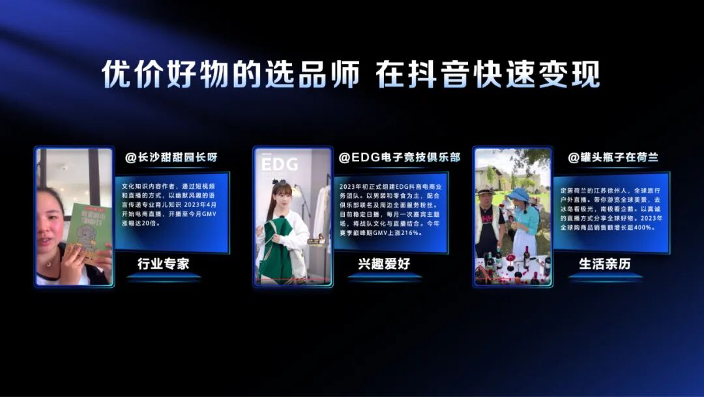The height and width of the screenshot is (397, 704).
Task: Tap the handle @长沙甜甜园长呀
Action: click(x=171, y=158)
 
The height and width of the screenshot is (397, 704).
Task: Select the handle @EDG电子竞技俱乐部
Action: click(x=399, y=158)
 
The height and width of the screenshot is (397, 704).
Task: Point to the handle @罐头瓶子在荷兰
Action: click(x=613, y=158)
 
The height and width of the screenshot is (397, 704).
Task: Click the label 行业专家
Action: click(x=163, y=264)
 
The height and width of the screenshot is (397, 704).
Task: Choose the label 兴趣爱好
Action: click(x=384, y=264)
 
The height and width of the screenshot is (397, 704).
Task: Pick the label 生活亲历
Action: click(x=604, y=264)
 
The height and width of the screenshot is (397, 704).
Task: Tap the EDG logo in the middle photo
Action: click(x=280, y=163)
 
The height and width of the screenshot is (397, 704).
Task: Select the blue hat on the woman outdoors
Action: click(x=520, y=195)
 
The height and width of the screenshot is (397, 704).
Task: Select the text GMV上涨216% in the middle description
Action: click(x=400, y=232)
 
